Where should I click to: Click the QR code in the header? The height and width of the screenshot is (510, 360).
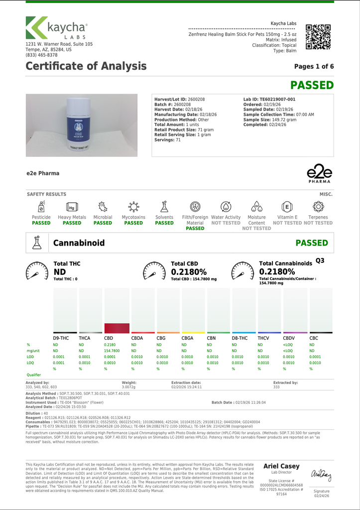coord(318,36)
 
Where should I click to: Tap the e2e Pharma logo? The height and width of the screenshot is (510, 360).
coord(319,175)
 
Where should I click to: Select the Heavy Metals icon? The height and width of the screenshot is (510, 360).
coord(72,206)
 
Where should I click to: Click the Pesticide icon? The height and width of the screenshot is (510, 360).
coord(41,206)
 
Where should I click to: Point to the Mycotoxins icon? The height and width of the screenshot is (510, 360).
coord(133,206)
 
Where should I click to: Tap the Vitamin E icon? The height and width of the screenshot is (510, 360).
coord(287,206)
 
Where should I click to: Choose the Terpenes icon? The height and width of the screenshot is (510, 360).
coord(318,206)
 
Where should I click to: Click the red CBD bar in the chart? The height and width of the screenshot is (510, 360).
coord(117,328)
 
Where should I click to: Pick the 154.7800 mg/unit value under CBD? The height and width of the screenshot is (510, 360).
coord(112,351)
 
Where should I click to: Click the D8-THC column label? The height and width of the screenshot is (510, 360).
coord(240,338)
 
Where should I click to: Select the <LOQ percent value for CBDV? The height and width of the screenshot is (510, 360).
coord(288,345)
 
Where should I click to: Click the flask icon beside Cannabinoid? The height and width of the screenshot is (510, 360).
coord(37,243)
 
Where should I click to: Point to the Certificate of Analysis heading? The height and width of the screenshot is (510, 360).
coord(86,66)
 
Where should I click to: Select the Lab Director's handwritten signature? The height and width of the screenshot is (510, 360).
coord(321,475)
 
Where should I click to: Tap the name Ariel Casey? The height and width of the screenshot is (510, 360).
coord(281,466)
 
